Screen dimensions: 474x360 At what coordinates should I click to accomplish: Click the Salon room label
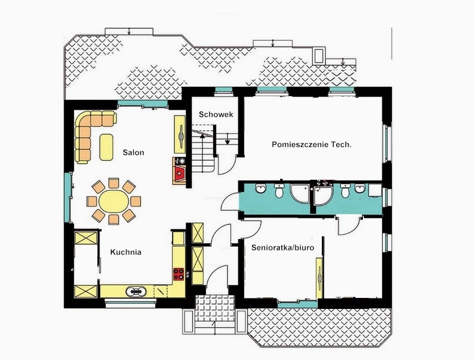pyautogui.click(x=133, y=153)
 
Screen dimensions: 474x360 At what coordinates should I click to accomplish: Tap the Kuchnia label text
pyautogui.click(x=126, y=252)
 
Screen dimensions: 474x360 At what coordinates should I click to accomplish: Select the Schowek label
pyautogui.click(x=216, y=114)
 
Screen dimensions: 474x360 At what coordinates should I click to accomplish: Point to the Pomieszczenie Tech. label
pyautogui.click(x=312, y=144)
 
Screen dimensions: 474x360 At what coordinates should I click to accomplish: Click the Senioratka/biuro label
pyautogui.click(x=283, y=248)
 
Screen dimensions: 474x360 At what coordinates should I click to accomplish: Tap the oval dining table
pyautogui.click(x=114, y=201)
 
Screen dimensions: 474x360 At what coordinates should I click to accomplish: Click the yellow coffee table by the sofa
pyautogui.click(x=106, y=147)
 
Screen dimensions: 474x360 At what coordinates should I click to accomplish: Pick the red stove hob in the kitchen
pyautogui.click(x=178, y=274)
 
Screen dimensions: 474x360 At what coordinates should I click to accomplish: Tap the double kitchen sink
pyautogui.click(x=136, y=291)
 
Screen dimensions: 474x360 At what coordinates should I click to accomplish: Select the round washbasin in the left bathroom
pyautogui.click(x=260, y=188)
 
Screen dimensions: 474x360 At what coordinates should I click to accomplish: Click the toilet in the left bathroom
pyautogui.click(x=279, y=190)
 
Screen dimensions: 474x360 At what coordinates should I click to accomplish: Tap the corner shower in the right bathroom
pyautogui.click(x=322, y=194)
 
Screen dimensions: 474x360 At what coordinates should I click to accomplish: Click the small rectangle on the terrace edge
pyautogui.click(x=319, y=56)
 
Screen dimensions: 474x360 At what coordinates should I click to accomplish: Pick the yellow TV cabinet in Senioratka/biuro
pyautogui.click(x=319, y=278)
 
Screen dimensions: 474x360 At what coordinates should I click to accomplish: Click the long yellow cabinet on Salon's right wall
pyautogui.click(x=180, y=134)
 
